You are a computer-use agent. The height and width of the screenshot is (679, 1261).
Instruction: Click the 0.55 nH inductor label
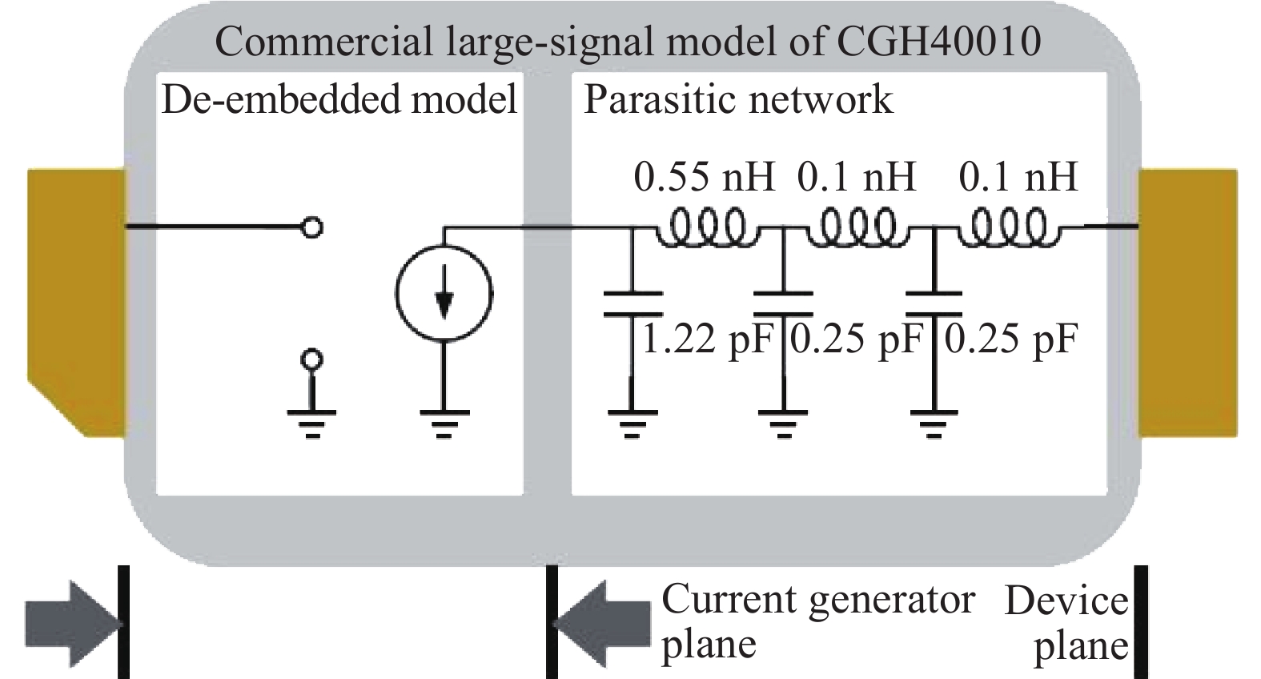point(704,177)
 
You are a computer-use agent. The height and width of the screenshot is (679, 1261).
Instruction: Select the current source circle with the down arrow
point(444,294)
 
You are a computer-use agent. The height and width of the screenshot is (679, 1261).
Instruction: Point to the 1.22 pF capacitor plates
point(633,303)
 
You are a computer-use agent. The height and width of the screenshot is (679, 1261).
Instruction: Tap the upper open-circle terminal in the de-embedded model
point(313,227)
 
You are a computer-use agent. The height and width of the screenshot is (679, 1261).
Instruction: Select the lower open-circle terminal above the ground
point(313,358)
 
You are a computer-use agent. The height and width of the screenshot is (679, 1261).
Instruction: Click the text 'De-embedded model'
point(339,100)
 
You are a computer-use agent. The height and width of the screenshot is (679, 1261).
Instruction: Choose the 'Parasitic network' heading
point(737,100)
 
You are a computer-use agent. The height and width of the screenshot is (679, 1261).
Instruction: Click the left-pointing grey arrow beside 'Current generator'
point(602,623)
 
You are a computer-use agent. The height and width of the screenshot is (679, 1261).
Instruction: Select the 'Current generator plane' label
point(817,621)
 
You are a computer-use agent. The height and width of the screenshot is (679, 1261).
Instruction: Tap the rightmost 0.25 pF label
point(1011,339)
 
